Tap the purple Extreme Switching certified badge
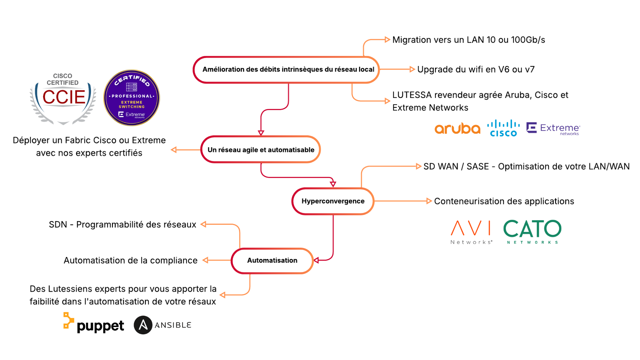pyautogui.click(x=132, y=98)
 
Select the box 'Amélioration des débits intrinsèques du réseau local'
pyautogui.click(x=286, y=69)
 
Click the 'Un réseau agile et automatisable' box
pyautogui.click(x=260, y=150)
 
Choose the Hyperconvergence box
pyautogui.click(x=333, y=201)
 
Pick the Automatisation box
pyautogui.click(x=272, y=260)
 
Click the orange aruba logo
pyautogui.click(x=457, y=129)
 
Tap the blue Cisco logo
pyautogui.click(x=503, y=129)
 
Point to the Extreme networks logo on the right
pyautogui.click(x=553, y=129)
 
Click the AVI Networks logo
pyautogui.click(x=471, y=231)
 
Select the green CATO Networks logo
pyautogui.click(x=532, y=231)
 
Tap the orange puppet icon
pyautogui.click(x=69, y=321)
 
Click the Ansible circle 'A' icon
pyautogui.click(x=143, y=325)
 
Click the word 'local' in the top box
pyautogui.click(x=366, y=69)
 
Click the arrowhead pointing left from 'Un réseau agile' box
pyautogui.click(x=173, y=150)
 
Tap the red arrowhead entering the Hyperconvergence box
pyautogui.click(x=333, y=184)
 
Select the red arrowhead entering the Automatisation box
pyautogui.click(x=316, y=260)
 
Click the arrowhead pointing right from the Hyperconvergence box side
pyautogui.click(x=429, y=201)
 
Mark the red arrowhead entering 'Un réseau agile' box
pyautogui.click(x=261, y=132)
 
